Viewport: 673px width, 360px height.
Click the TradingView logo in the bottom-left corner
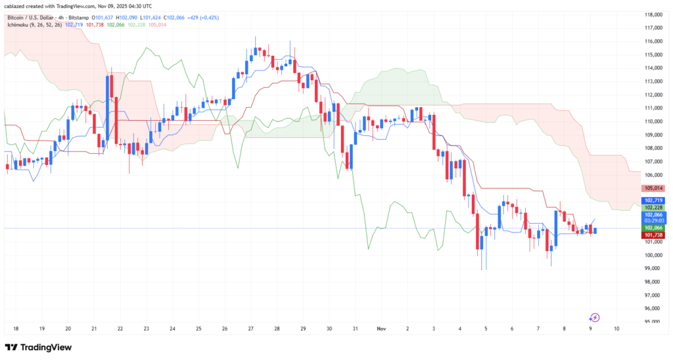(38, 347)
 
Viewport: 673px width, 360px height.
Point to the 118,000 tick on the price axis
(653, 14)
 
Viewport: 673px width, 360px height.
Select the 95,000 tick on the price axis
(653, 322)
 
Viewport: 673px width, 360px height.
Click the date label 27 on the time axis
(250, 327)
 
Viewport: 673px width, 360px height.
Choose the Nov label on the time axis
(381, 327)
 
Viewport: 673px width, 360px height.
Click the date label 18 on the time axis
(15, 327)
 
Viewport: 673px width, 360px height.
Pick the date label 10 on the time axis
(616, 327)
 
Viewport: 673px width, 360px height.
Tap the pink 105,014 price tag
(653, 188)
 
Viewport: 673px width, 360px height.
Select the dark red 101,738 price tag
(653, 235)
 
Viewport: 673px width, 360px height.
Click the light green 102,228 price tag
(653, 208)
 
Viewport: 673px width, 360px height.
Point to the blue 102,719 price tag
(653, 200)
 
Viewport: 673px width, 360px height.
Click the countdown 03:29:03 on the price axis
(653, 221)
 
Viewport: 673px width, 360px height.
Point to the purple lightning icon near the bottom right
(594, 317)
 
